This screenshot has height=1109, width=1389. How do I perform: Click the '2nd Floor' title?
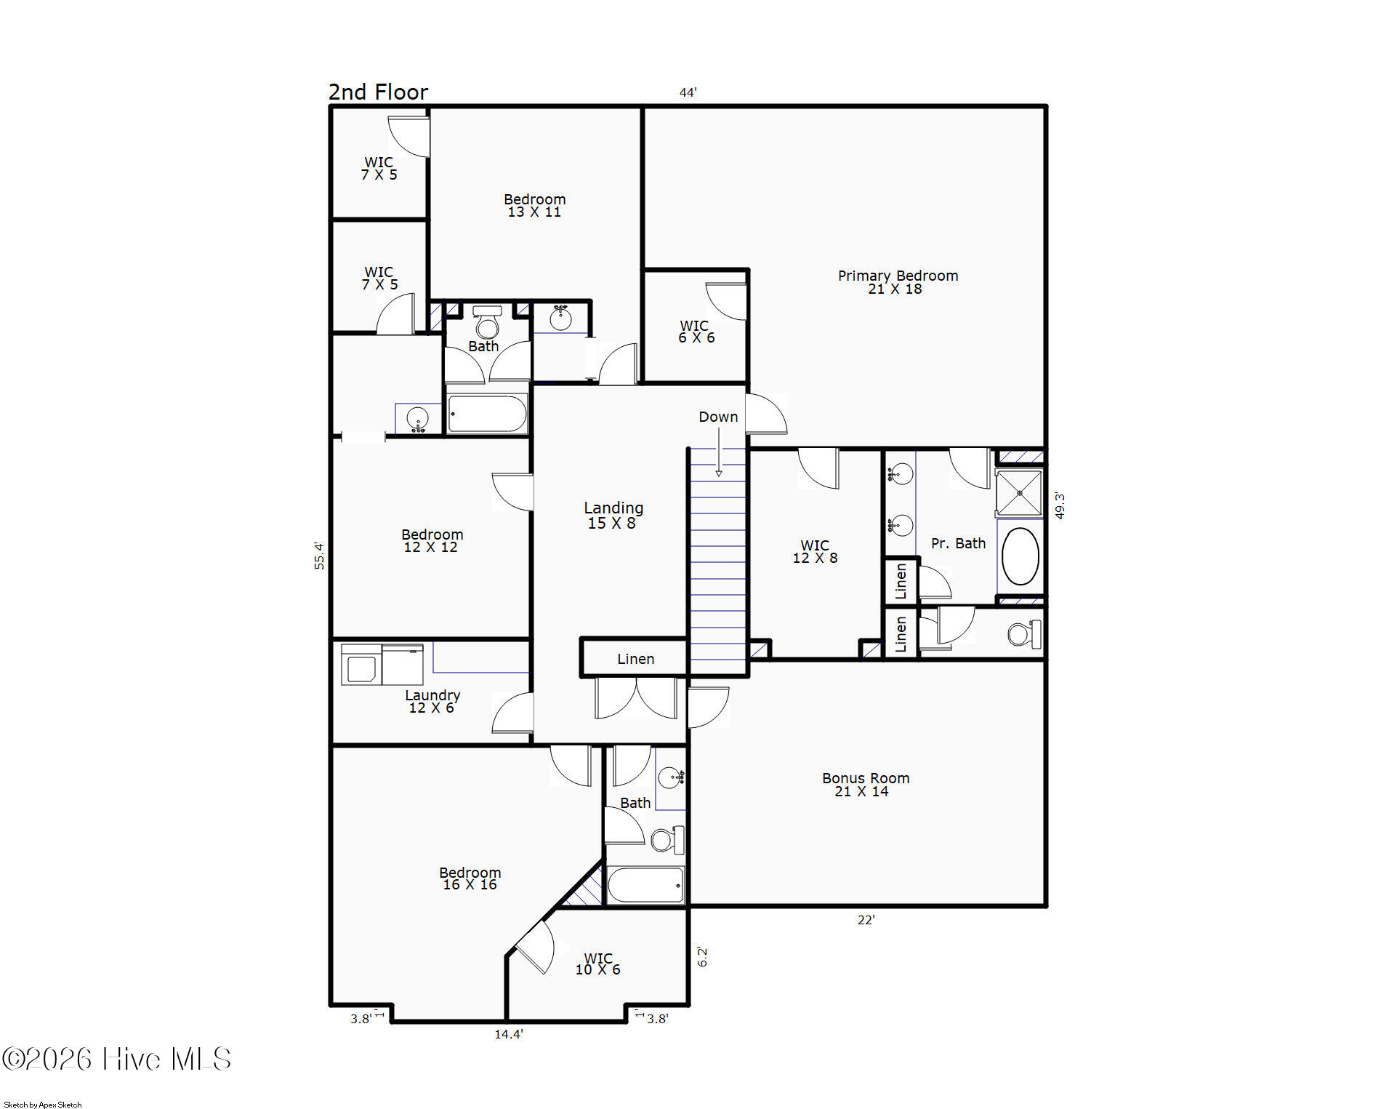378,92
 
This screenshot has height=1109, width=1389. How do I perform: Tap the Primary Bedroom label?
898,282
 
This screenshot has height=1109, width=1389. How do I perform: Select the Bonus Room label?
865,785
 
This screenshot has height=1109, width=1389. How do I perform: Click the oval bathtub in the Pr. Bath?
1020,556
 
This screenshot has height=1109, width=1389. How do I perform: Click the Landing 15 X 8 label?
613,515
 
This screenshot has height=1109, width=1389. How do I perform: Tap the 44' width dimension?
688,92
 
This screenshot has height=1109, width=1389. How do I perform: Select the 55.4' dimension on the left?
319,556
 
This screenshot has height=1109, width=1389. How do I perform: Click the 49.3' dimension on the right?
1060,506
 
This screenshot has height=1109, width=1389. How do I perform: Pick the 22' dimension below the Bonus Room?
866,920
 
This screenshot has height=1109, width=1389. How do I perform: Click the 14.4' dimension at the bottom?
509,1034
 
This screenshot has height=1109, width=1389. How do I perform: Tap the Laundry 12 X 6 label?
432,702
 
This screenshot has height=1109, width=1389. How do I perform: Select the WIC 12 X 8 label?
815,552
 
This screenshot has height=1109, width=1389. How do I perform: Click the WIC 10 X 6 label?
598,964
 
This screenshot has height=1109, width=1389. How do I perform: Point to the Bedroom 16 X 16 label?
470,878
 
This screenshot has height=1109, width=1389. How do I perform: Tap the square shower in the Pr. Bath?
1019,493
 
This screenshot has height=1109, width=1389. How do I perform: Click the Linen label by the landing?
635,659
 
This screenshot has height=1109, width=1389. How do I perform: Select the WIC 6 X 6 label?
696,332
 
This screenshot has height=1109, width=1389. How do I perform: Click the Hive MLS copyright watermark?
116,1059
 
